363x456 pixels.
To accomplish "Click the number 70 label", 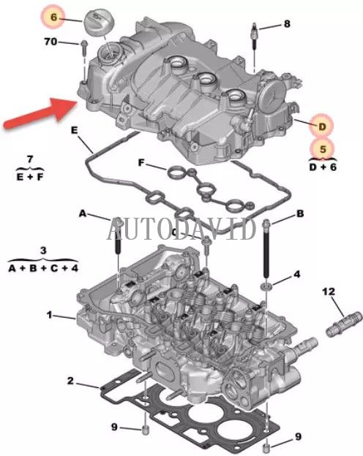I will click(50, 42).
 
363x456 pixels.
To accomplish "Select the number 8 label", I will click(286, 24).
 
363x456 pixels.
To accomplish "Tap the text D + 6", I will click(321, 168).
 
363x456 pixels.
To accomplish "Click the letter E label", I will click(74, 130).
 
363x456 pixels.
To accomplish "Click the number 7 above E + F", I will click(29, 159).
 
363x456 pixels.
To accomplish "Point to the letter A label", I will click(83, 213).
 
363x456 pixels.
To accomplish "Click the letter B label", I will click(299, 213).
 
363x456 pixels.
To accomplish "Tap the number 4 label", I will click(296, 274).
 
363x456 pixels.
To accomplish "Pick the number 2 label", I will click(70, 381).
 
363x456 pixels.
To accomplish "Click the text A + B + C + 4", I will click(43, 267).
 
